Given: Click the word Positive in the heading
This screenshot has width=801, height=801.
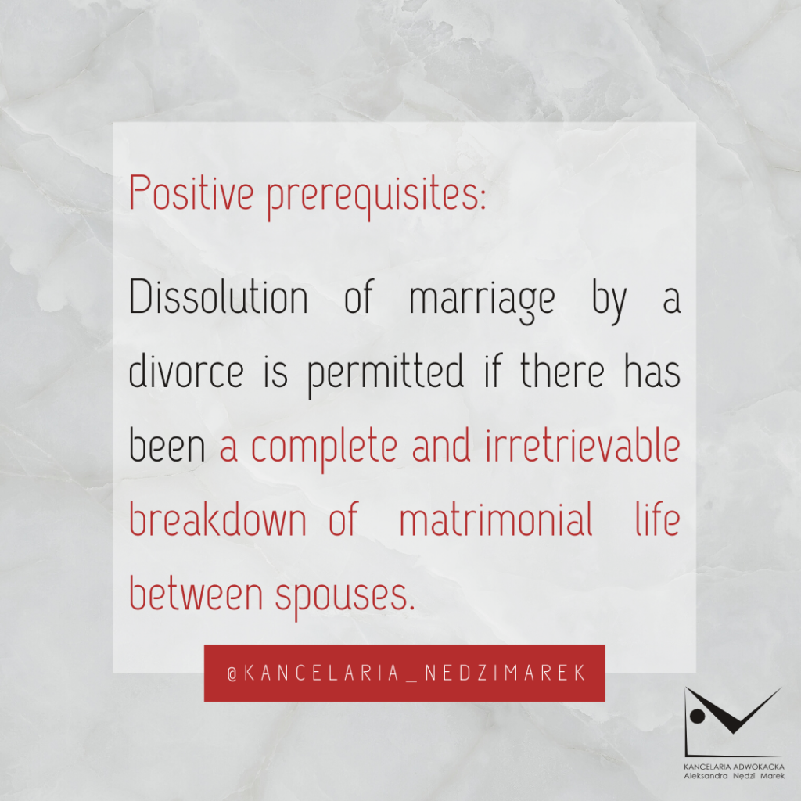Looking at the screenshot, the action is pyautogui.click(x=192, y=192).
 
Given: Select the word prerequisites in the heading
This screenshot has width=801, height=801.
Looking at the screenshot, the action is pyautogui.click(x=376, y=197).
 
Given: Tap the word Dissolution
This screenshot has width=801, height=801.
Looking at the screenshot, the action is pyautogui.click(x=219, y=296).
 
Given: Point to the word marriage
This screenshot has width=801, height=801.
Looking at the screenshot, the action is pyautogui.click(x=482, y=301).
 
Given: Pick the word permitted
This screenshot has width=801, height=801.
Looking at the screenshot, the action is pyautogui.click(x=386, y=375).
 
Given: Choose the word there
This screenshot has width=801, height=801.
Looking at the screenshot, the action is pyautogui.click(x=562, y=370).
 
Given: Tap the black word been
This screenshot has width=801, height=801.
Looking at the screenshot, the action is pyautogui.click(x=167, y=444).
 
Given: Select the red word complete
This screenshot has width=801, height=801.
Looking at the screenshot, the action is pyautogui.click(x=325, y=448).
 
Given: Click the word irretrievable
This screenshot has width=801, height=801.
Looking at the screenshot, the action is pyautogui.click(x=583, y=444).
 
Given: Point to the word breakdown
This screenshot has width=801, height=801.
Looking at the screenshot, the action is pyautogui.click(x=217, y=518).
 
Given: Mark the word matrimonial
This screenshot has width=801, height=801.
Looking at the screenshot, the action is pyautogui.click(x=496, y=518).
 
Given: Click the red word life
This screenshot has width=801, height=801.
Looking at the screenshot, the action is pyautogui.click(x=658, y=518).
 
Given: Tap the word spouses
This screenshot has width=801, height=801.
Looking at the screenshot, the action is pyautogui.click(x=345, y=597).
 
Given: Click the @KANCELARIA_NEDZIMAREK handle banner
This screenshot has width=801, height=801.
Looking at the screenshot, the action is pyautogui.click(x=404, y=673).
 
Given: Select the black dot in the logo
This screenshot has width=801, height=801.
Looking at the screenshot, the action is pyautogui.click(x=697, y=717).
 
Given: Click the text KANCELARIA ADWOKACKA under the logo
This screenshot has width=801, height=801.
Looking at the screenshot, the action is pyautogui.click(x=734, y=767).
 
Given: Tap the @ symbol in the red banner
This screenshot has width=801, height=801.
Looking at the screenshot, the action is pyautogui.click(x=232, y=674).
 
